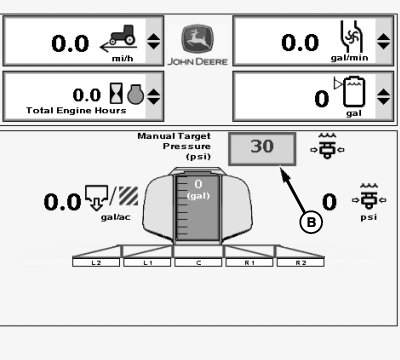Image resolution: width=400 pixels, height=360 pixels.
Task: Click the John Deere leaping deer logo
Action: [x=197, y=39]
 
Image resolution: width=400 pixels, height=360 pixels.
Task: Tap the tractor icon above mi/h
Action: [x=122, y=35]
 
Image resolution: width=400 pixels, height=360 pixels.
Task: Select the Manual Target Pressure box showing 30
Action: [x=262, y=149]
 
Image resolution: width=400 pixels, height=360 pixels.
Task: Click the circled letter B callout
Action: [x=311, y=222]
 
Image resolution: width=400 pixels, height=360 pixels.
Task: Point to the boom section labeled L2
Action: [x=96, y=263]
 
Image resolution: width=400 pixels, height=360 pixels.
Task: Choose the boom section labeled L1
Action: [x=147, y=263]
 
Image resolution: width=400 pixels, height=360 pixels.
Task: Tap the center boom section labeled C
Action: [x=198, y=263]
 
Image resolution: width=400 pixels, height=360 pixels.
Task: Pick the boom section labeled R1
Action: [x=249, y=263]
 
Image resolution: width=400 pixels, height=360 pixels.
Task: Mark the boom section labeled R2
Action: [x=300, y=263]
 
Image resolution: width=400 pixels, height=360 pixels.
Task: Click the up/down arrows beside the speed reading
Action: [x=153, y=41]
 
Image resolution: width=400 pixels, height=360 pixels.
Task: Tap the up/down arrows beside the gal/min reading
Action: [x=383, y=41]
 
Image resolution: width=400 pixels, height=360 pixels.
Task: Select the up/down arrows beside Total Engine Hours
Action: [x=153, y=97]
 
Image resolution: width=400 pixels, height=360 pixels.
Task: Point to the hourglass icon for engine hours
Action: [x=116, y=94]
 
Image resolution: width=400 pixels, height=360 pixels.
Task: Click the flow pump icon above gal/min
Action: [x=350, y=37]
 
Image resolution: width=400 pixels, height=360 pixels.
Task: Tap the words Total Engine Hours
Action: [x=76, y=110]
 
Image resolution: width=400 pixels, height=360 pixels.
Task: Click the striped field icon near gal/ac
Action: [x=128, y=196]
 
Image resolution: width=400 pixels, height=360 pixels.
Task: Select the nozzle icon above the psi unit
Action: [x=369, y=197]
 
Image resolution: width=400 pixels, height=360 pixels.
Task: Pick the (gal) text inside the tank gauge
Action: [x=198, y=196]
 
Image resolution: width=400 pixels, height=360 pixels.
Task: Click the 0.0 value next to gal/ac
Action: [x=62, y=202]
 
